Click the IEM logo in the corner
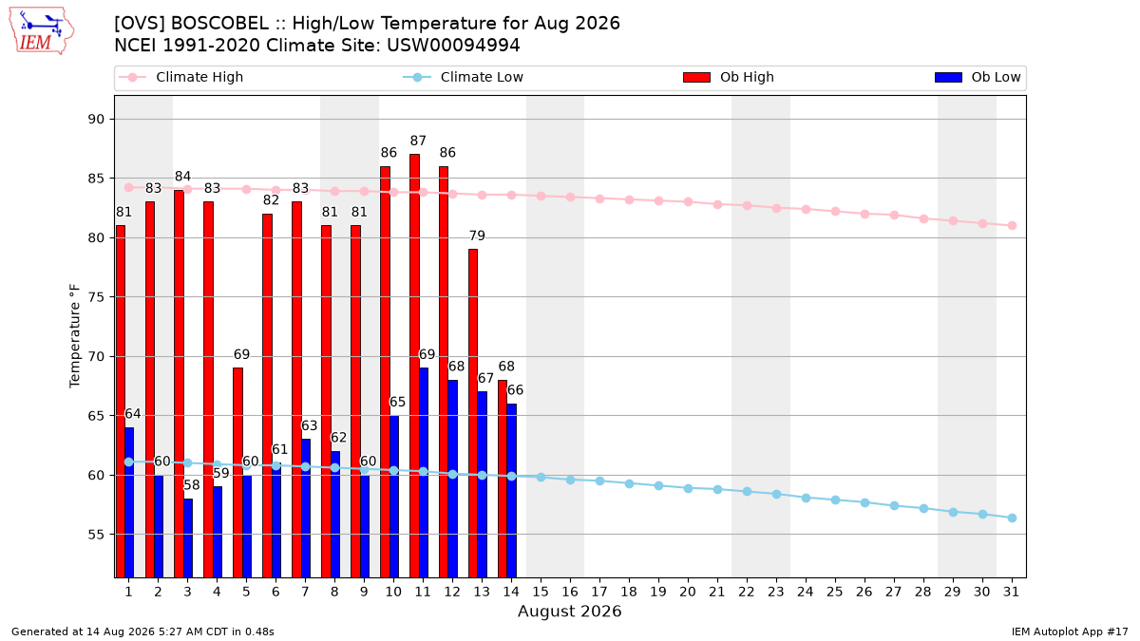click(42, 31)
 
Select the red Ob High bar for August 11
click(415, 366)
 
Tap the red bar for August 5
click(237, 473)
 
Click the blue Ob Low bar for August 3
click(188, 538)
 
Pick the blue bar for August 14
click(511, 490)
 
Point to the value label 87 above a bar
click(418, 141)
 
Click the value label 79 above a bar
click(477, 236)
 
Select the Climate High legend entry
click(181, 77)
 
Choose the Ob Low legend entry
click(978, 77)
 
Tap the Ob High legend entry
click(729, 77)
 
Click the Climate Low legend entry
click(464, 77)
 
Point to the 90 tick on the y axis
click(96, 119)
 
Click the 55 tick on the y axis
click(96, 534)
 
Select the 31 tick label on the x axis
click(1011, 592)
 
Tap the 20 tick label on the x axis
click(688, 592)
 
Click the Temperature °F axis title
click(75, 336)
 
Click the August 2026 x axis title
click(569, 611)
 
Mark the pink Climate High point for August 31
click(1012, 225)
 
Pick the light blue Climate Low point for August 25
click(835, 500)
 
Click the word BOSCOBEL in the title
click(219, 24)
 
